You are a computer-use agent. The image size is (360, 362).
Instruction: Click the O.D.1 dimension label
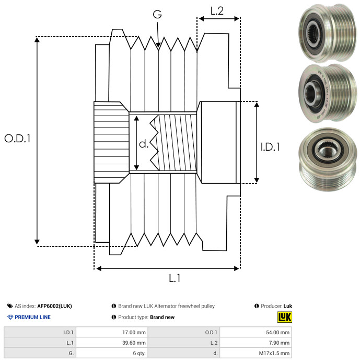(x=17, y=138)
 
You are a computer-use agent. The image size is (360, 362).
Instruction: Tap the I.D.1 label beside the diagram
(x=270, y=147)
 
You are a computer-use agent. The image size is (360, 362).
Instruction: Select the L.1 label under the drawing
(x=175, y=278)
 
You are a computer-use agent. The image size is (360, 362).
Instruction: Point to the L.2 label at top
(x=217, y=11)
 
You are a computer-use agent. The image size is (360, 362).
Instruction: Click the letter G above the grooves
(x=157, y=14)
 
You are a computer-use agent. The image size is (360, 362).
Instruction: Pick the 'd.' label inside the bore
(x=144, y=144)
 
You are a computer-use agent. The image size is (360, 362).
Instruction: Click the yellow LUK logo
(x=285, y=317)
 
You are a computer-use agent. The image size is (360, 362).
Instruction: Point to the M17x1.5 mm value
(x=274, y=353)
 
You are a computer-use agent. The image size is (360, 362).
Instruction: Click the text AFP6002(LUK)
(x=54, y=306)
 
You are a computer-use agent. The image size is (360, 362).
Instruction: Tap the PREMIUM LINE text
(x=32, y=317)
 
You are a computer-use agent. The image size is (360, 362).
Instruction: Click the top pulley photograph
(x=328, y=33)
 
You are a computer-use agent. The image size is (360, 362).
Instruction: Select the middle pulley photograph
(x=328, y=94)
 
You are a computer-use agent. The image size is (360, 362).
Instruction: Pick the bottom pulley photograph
(x=328, y=160)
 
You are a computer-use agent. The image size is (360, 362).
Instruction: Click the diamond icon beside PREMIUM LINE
(x=10, y=317)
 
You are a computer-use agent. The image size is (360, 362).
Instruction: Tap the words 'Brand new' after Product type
(x=162, y=317)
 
